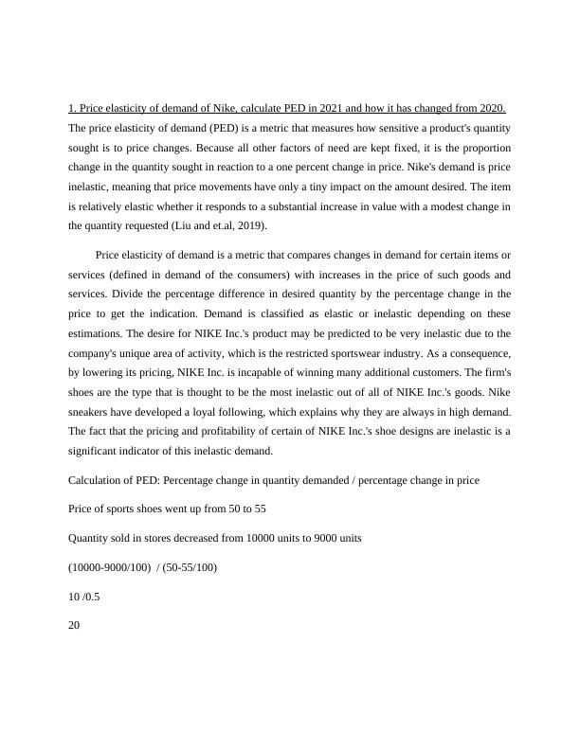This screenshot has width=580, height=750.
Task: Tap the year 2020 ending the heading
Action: (491, 108)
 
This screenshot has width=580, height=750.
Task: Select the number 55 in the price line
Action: (260, 509)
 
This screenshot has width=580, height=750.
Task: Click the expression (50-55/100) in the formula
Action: (190, 567)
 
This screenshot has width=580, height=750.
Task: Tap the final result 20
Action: (75, 624)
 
